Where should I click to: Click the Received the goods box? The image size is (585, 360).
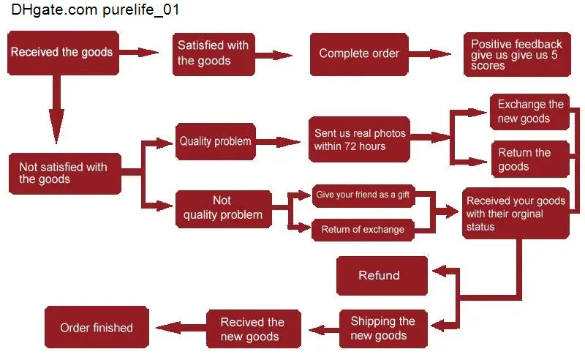pos(63,53)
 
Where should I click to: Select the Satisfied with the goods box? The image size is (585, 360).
pos(214,54)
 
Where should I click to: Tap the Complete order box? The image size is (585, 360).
pos(359,54)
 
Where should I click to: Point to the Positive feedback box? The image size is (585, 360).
pos(517,55)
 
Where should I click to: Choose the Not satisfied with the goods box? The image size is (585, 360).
pos(65,173)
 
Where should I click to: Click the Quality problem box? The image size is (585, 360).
pos(216,141)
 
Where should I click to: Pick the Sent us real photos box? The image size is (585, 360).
pos(359,139)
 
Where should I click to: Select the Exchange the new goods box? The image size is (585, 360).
pos(529,112)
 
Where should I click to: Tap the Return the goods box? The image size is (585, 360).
pos(530,159)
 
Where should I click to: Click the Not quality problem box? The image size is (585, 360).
pos(224,209)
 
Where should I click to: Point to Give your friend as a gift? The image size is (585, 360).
pos(363,195)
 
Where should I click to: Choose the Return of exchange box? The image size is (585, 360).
pos(363,230)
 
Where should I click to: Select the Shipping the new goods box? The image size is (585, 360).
pos(383,329)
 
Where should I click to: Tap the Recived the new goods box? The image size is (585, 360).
pos(254,329)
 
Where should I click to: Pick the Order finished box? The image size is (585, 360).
pos(97,328)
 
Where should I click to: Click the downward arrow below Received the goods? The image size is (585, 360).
pos(56,110)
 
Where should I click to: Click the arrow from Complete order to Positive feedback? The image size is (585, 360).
pos(430,54)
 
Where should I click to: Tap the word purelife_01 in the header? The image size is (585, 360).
pos(140,10)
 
